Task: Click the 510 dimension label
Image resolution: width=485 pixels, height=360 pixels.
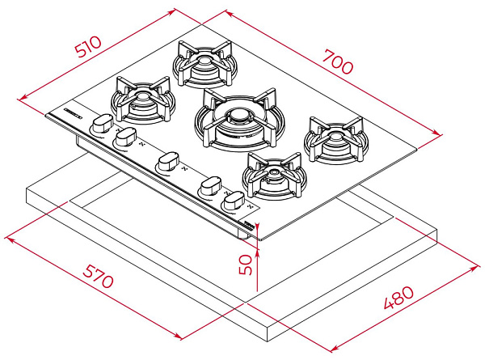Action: pos(89,47)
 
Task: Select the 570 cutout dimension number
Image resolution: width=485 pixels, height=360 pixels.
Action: pos(98,276)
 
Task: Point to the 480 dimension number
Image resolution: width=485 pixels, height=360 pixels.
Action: pos(399,297)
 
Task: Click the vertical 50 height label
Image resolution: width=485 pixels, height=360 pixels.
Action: pos(246,265)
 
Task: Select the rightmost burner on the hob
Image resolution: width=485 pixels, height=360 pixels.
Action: pos(336,140)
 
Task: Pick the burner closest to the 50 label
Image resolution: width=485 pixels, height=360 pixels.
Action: pos(274,176)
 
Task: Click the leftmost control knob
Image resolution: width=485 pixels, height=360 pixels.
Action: pos(101,124)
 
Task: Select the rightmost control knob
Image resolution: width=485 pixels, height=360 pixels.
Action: pos(234,201)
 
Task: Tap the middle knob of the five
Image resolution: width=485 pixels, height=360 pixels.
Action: pos(168,161)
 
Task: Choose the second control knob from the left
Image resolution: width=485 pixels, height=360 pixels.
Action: pos(125,138)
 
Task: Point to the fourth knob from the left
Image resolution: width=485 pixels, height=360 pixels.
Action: pos(210,186)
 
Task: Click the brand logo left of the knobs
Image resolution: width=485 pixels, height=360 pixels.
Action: pos(72,112)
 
